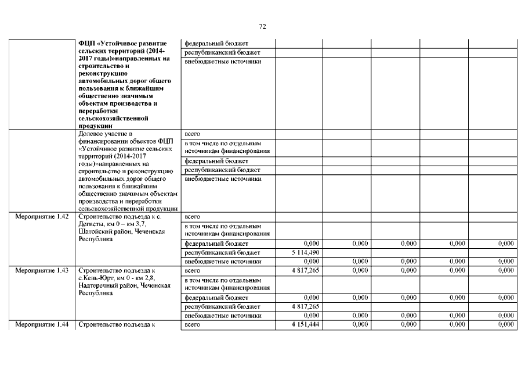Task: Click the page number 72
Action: tap(262, 27)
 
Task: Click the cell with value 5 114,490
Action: tap(304, 253)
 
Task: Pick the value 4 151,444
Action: tap(305, 324)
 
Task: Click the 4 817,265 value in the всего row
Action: tap(305, 270)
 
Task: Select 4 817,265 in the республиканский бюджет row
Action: tap(305, 306)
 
